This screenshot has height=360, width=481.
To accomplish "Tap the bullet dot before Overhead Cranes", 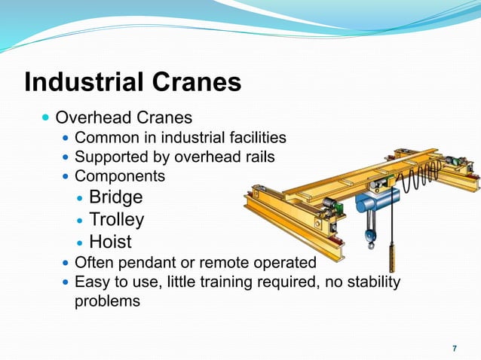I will pyautogui.click(x=47, y=118).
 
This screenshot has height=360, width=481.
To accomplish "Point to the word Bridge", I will pyautogui.click(x=115, y=197).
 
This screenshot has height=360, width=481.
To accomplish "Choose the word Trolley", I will pyautogui.click(x=116, y=220).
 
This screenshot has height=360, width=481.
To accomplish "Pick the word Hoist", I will pyautogui.click(x=110, y=242).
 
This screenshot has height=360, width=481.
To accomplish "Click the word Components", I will pyautogui.click(x=119, y=176).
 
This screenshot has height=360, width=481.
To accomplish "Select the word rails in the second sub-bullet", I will pyautogui.click(x=258, y=157).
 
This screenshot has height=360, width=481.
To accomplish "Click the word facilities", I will pyautogui.click(x=257, y=138).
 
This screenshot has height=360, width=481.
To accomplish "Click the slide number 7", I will pyautogui.click(x=454, y=348).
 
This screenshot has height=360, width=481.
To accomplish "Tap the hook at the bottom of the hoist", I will pyautogui.click(x=371, y=241).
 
